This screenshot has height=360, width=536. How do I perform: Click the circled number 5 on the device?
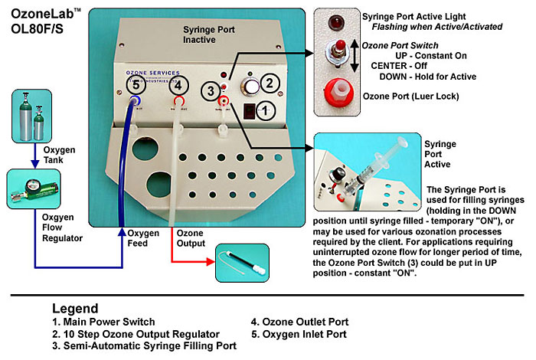point(136,85)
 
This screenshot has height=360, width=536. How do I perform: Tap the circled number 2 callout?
point(267,83)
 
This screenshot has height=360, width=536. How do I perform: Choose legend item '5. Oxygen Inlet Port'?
point(299,334)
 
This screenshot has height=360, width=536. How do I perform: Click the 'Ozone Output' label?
point(190,238)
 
